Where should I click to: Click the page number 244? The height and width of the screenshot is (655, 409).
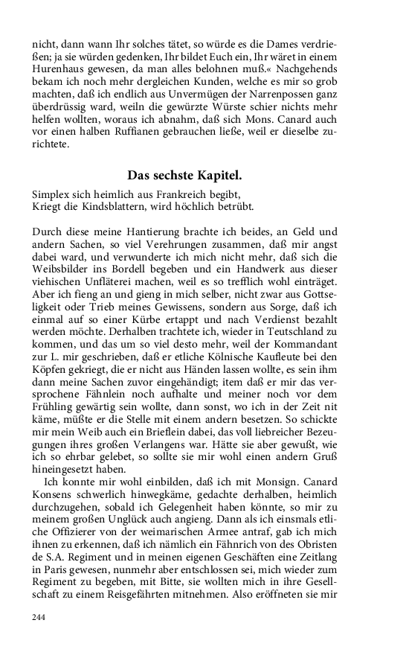39,617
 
